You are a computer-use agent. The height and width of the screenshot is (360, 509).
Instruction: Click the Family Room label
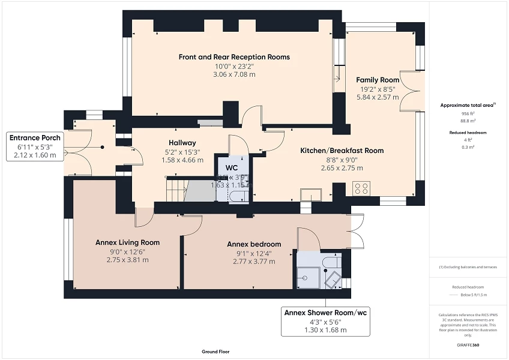point(378,80)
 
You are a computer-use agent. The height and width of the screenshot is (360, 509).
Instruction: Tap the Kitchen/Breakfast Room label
point(342,151)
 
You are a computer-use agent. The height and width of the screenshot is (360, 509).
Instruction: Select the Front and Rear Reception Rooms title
point(234,57)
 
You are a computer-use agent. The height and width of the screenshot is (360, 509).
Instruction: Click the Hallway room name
point(182,143)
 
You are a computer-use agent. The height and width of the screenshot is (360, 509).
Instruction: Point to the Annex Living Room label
point(127,242)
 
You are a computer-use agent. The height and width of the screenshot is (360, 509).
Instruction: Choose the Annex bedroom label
point(253,244)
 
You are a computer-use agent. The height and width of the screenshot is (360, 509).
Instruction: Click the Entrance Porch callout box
point(35,146)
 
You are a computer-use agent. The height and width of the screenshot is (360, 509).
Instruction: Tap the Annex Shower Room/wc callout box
point(325,321)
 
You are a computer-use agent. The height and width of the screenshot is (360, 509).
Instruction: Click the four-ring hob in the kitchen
point(362,189)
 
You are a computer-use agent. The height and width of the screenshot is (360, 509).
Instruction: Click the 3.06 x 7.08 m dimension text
point(234,74)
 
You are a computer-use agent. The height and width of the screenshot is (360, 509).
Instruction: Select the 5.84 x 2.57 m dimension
point(378,97)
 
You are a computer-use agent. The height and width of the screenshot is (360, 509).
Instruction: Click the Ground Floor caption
point(215,352)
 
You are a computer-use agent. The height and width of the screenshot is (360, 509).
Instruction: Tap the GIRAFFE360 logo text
point(469,346)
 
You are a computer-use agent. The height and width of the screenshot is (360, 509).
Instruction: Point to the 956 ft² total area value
point(468,113)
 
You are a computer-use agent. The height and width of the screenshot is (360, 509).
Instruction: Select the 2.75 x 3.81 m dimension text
point(127,260)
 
